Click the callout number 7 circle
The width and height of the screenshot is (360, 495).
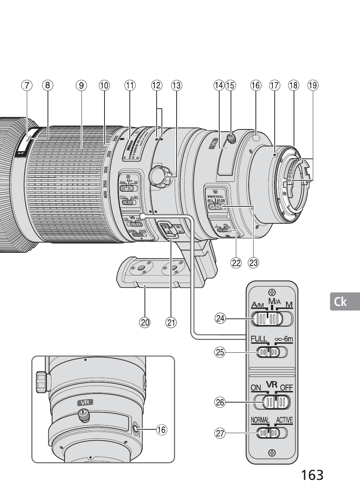[26, 86]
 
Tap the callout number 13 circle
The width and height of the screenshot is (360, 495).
[176, 86]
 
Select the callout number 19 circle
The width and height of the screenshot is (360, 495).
[312, 86]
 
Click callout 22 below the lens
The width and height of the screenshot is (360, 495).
[236, 263]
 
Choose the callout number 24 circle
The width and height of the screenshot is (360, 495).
[220, 319]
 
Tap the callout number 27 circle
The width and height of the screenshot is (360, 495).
[220, 434]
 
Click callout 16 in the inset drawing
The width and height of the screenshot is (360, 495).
[161, 429]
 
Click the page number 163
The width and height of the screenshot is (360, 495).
[312, 475]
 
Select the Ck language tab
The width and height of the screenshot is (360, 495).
[341, 301]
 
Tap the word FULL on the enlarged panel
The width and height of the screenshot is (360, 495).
[259, 339]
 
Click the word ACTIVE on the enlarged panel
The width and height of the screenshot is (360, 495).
[284, 420]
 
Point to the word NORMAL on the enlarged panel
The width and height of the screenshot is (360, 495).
[260, 420]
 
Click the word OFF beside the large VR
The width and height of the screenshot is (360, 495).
[286, 387]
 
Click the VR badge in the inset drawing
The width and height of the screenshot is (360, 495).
[85, 403]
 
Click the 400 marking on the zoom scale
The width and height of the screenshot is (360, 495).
[105, 194]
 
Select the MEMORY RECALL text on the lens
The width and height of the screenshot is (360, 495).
[215, 197]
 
